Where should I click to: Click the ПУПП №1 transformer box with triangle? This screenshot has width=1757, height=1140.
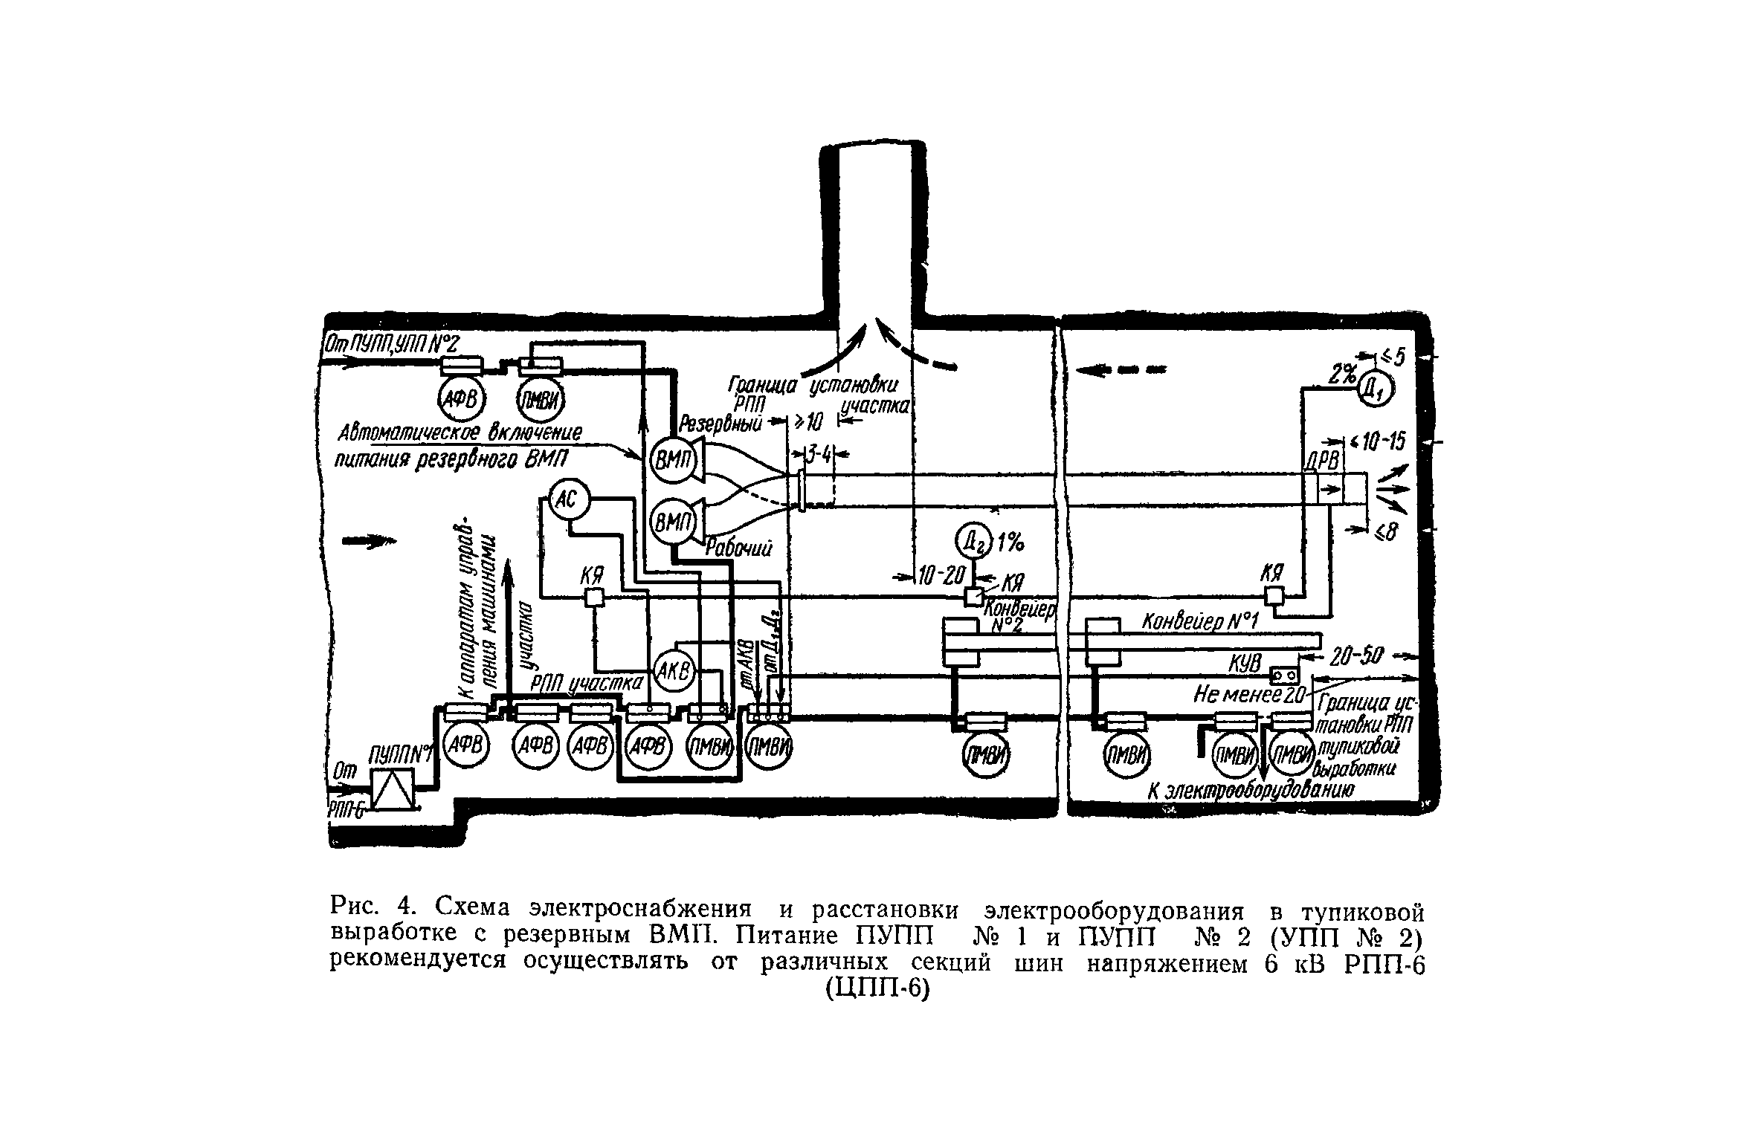point(393,789)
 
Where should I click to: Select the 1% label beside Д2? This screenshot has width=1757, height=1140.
point(1009,545)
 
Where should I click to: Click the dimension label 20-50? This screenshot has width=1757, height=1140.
point(1357,656)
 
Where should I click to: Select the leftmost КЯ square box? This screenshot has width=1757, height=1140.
point(594,597)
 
